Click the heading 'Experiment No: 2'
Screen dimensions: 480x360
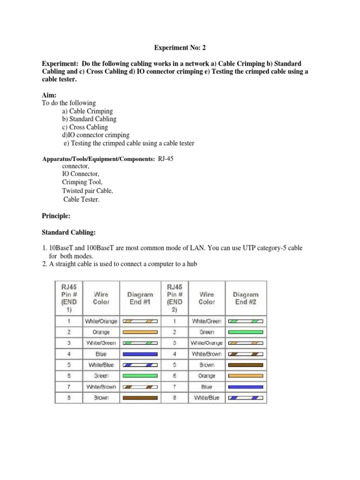point(180,47)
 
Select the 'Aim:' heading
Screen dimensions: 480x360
point(49,95)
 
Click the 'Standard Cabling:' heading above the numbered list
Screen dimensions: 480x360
point(71,232)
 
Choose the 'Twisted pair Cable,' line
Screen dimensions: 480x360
point(88,191)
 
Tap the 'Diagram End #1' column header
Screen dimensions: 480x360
point(140,298)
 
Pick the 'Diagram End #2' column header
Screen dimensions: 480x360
point(246,298)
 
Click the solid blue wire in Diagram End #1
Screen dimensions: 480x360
point(140,354)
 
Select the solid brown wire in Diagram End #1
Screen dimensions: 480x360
point(140,398)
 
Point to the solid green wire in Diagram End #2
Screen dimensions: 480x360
point(245,332)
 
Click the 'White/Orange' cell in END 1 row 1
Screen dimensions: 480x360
point(101,322)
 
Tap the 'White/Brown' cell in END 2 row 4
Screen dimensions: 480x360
point(207,354)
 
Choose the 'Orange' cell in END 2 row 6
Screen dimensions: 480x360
point(207,376)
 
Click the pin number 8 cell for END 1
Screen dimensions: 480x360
point(68,398)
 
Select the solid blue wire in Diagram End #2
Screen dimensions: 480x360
point(245,387)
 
